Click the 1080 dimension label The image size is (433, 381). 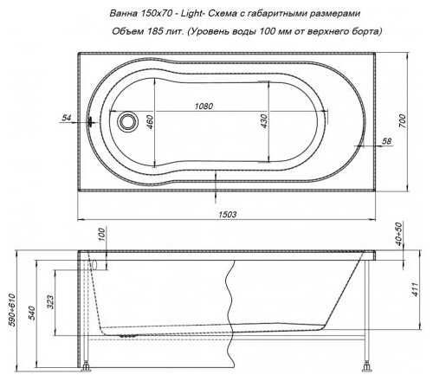[x=204, y=107]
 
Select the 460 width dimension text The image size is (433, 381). [x=150, y=121]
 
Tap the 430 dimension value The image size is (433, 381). [x=263, y=121]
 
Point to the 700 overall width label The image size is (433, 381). [x=402, y=121]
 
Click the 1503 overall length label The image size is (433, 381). [x=228, y=215]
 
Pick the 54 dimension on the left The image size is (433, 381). [x=67, y=118]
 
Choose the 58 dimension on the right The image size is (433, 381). [x=387, y=141]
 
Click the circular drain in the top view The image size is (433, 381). [x=127, y=121]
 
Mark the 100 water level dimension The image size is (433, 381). [x=101, y=235]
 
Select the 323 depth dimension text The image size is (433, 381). [x=50, y=301]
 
